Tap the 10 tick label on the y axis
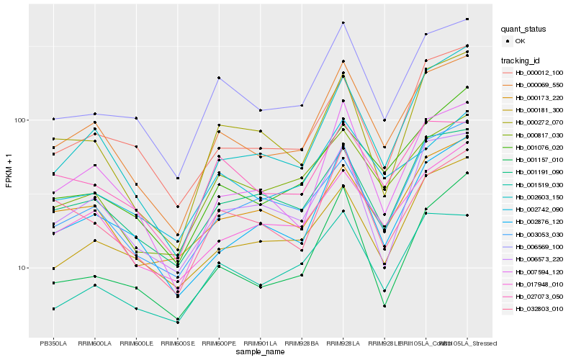[x=22, y=268]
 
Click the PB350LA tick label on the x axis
[x=53, y=342]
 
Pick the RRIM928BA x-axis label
[x=302, y=342]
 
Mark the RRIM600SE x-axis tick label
[x=178, y=342]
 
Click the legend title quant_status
[x=524, y=30]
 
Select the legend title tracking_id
[x=522, y=60]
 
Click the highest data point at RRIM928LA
[x=343, y=23]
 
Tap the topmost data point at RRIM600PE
[x=219, y=78]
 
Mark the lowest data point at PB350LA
[x=53, y=309]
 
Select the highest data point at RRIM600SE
[x=178, y=178]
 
